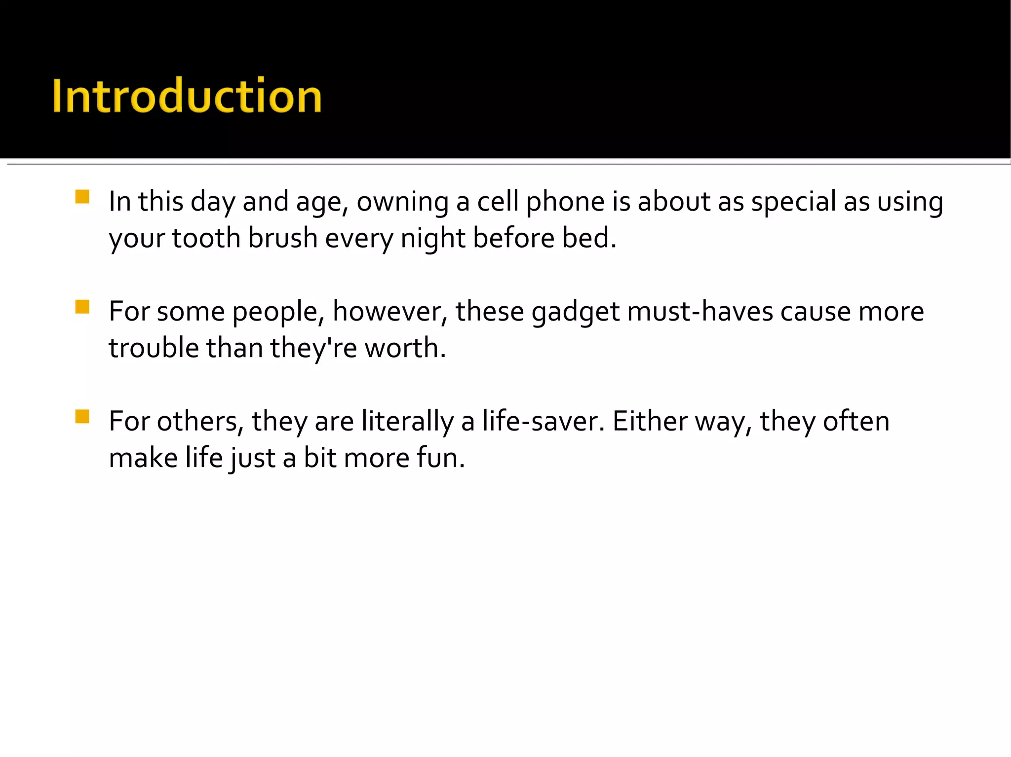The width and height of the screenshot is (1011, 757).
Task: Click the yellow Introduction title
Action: tap(187, 96)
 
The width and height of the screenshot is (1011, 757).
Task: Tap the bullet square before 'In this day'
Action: tap(82, 197)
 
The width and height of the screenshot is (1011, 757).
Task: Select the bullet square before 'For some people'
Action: tap(82, 307)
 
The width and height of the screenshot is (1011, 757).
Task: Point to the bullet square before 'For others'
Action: tap(82, 417)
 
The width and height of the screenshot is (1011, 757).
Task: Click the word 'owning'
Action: tap(402, 202)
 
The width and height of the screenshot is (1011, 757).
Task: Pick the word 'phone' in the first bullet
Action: tap(565, 202)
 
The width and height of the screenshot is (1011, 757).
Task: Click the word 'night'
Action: tap(432, 239)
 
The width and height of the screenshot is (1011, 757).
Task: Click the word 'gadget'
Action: tap(575, 312)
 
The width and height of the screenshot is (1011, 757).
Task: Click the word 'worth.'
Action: tap(405, 348)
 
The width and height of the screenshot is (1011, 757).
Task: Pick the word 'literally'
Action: tap(407, 422)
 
